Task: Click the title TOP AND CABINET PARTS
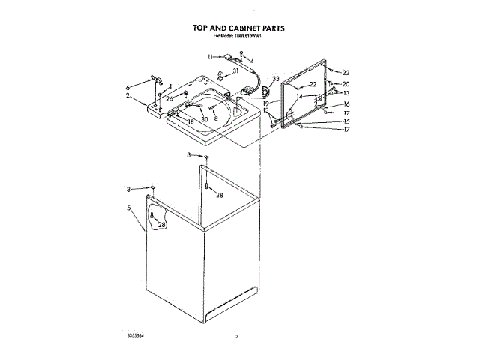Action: coord(238,28)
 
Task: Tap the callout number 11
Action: coord(211,55)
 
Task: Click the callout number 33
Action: coord(276,79)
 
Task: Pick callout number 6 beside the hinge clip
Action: coord(128,86)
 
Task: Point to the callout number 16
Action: coord(346,103)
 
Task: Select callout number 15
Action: coord(346,121)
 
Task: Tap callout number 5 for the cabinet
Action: coord(129,208)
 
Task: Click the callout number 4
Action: coord(251,60)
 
